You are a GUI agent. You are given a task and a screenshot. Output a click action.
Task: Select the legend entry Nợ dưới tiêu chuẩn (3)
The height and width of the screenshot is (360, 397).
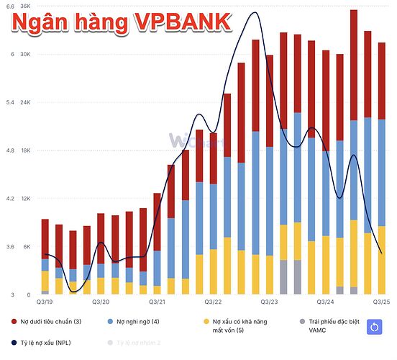tap(50, 322)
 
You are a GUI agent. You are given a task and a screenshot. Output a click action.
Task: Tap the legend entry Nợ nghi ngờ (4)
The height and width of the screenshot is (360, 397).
tap(142, 322)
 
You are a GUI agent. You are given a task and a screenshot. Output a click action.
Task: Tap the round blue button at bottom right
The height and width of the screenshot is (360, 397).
tap(374, 327)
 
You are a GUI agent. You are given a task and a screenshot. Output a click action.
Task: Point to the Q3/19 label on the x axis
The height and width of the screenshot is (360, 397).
tap(45, 302)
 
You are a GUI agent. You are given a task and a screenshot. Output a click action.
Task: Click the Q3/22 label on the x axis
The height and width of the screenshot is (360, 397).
tap(214, 302)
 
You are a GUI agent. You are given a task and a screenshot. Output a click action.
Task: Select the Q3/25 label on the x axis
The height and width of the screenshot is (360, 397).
tap(381, 302)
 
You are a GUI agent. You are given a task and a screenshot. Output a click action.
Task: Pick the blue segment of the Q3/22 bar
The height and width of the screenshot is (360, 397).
tap(214, 217)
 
